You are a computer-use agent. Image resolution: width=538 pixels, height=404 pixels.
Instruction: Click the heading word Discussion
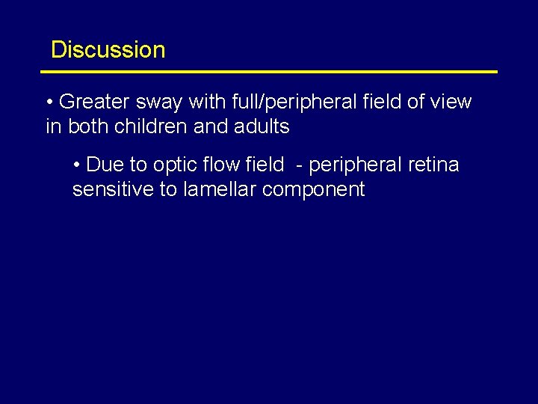pyautogui.click(x=108, y=50)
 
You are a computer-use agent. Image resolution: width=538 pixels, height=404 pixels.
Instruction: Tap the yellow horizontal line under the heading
pyautogui.click(x=269, y=72)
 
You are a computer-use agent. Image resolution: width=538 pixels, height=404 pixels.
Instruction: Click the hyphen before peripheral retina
pyautogui.click(x=299, y=165)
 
